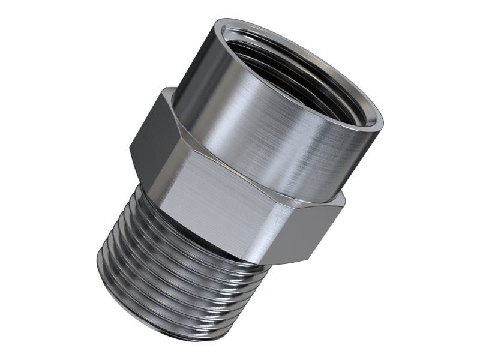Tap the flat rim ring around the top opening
pyautogui.click(x=360, y=96)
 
